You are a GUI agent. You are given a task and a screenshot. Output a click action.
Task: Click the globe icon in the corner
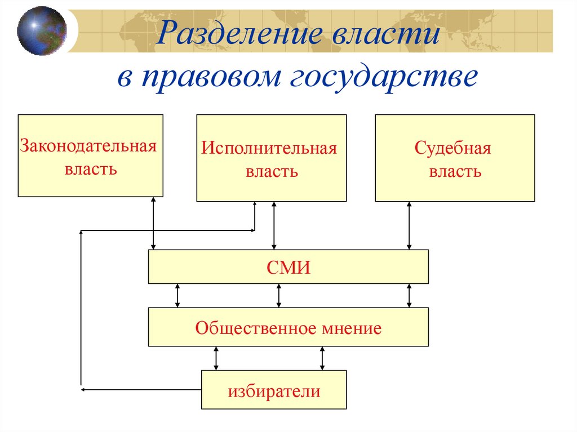41,30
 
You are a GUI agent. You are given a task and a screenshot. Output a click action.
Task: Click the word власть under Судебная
455,171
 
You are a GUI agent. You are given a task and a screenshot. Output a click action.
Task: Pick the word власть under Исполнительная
272,171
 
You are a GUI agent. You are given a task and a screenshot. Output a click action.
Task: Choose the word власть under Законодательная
91,168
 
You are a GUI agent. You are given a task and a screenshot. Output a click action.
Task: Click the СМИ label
288,268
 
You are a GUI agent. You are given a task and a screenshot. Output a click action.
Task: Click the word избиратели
274,391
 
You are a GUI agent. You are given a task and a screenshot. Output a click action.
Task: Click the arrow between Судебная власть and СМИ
410,225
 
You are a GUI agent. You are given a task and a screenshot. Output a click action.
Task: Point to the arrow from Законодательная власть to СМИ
153,223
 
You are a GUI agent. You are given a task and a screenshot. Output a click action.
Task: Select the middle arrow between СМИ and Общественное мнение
278,296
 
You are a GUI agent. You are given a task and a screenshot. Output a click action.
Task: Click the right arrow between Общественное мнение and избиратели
322,358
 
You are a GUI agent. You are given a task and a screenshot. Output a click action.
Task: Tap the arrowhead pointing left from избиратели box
83,389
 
